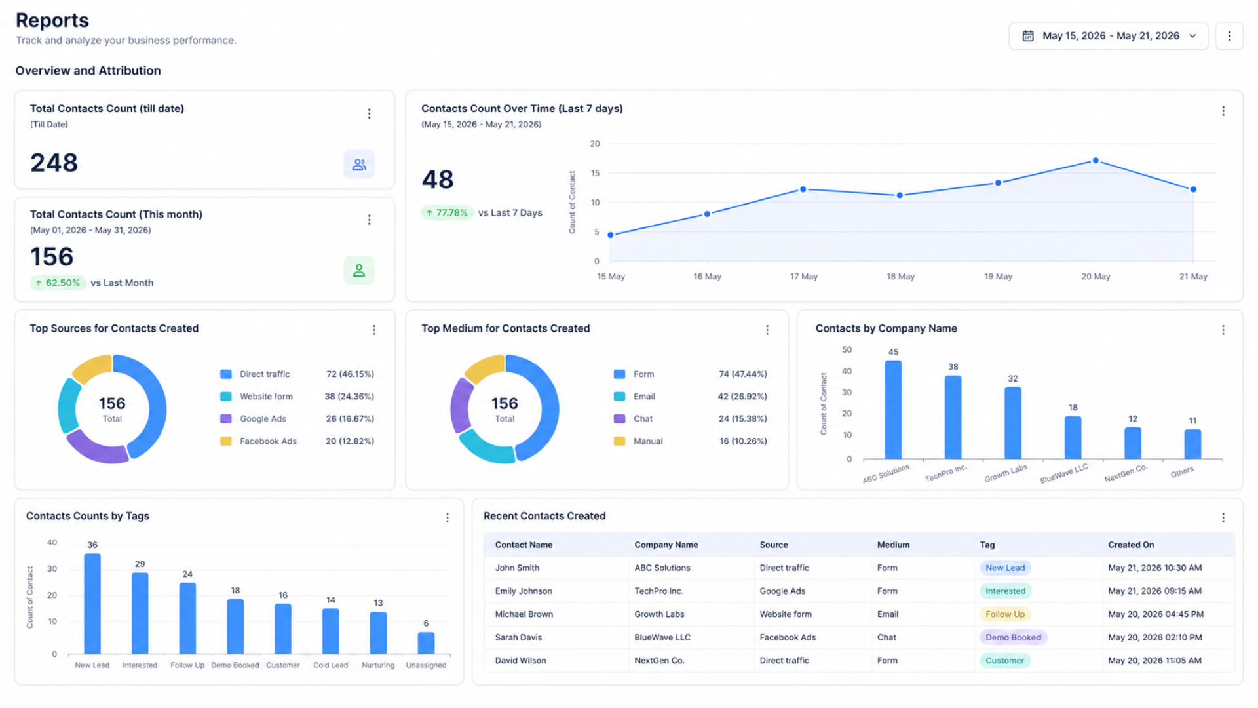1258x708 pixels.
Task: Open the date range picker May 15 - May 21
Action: (x=1109, y=36)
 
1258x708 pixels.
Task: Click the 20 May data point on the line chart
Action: (x=1096, y=161)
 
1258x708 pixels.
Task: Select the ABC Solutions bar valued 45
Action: (x=893, y=409)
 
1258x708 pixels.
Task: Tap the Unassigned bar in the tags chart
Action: (x=426, y=642)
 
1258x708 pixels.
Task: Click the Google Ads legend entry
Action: (x=263, y=419)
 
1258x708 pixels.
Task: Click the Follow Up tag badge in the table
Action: (x=1004, y=614)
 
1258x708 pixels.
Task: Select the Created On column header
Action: (x=1131, y=545)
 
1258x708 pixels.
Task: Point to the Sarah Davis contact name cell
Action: (x=518, y=637)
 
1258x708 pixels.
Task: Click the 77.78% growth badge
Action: (x=447, y=212)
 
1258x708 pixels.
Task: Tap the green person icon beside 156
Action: (x=359, y=270)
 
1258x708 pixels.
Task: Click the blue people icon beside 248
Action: (x=359, y=165)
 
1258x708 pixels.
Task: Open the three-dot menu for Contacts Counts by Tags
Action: (x=448, y=518)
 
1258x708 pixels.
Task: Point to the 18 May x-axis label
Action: (x=900, y=277)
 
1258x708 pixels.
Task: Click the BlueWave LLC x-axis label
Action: (x=1064, y=473)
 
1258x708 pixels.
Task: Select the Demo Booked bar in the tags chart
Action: (x=235, y=626)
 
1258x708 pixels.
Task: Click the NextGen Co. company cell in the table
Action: (x=659, y=661)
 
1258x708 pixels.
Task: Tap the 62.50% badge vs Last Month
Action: (x=58, y=283)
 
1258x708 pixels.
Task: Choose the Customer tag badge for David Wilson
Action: (x=1004, y=661)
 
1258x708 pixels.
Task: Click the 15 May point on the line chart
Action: (x=611, y=235)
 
